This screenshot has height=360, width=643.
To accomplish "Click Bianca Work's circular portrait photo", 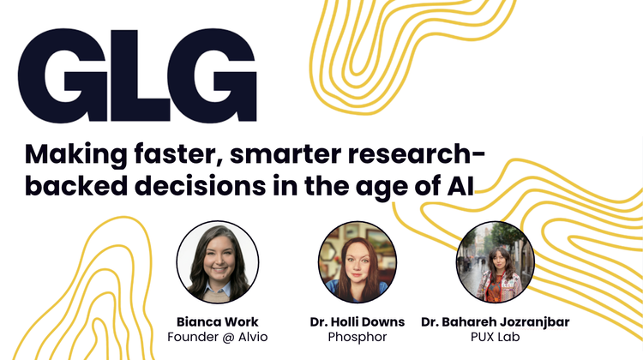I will point(217,260).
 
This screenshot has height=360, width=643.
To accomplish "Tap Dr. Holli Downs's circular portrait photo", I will point(356,260).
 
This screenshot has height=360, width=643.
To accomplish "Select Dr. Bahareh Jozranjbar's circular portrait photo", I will point(495,260).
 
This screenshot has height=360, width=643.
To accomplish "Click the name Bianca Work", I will point(217,321).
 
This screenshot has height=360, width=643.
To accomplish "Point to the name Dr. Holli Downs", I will point(356,321).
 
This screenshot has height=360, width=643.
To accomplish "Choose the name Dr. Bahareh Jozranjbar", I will point(495,321).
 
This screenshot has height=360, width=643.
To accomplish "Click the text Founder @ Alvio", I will point(217,337).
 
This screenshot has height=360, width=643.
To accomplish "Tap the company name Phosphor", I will point(356,337).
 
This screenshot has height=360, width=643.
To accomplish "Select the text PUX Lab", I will point(495,337).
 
